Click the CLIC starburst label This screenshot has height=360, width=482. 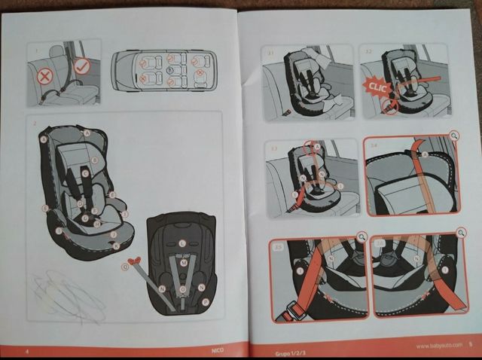pyautogui.click(x=377, y=86)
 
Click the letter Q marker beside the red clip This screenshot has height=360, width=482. pyautogui.click(x=125, y=266)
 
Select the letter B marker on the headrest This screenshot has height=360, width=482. pyautogui.click(x=95, y=160)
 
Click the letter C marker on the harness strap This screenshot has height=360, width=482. pyautogui.click(x=85, y=173)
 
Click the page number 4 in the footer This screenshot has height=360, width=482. pyautogui.click(x=27, y=351)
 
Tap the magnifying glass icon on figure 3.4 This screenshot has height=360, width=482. pyautogui.click(x=453, y=136)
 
